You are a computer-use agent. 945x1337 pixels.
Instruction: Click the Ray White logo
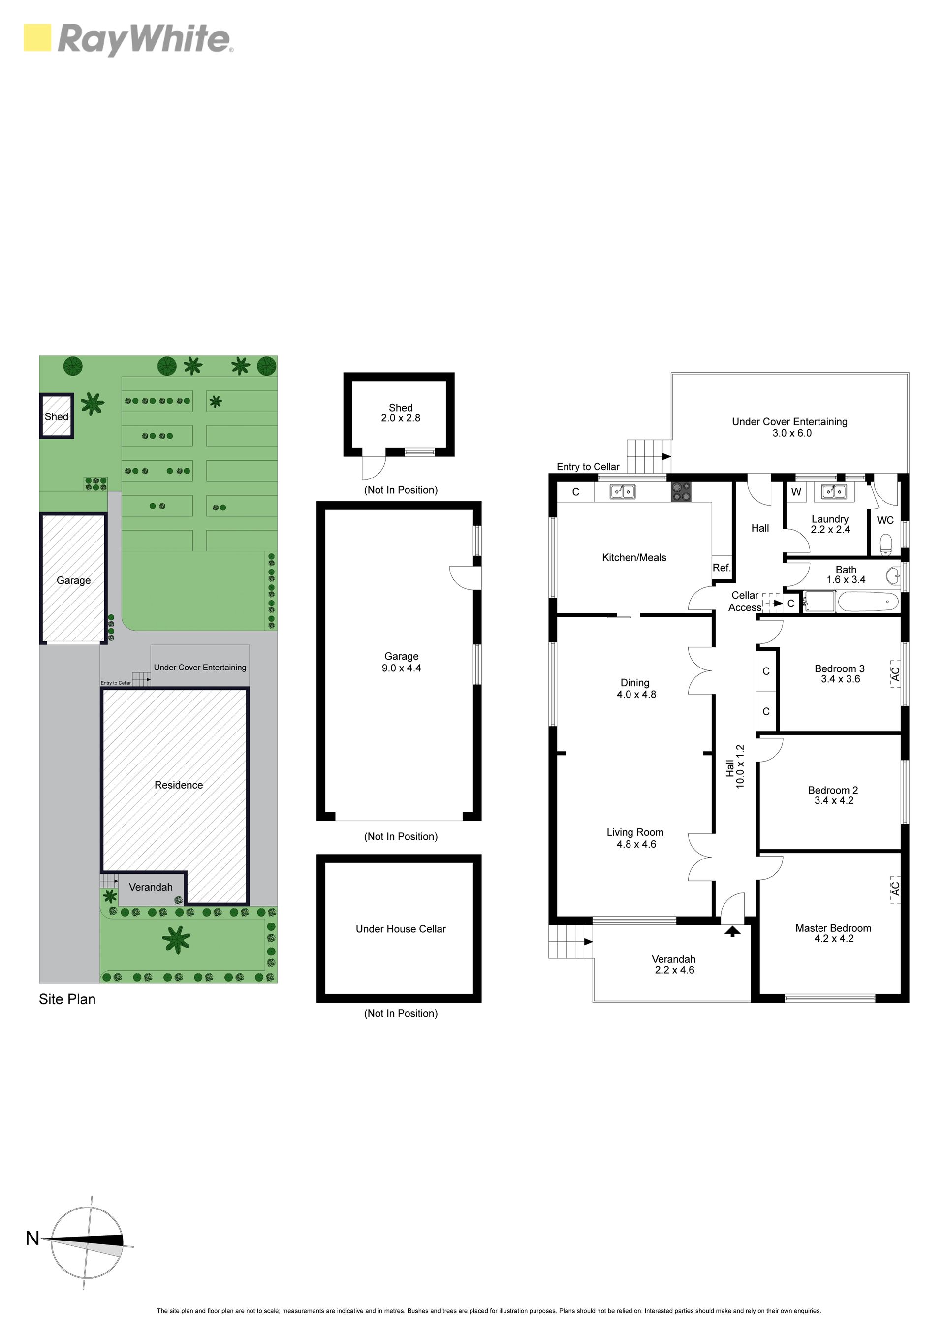click(128, 39)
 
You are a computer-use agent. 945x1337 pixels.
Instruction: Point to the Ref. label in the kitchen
click(722, 568)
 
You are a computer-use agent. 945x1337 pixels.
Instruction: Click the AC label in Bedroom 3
click(895, 674)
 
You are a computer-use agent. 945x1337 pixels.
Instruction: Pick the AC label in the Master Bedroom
click(895, 888)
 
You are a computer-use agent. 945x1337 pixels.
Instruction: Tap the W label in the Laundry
click(796, 492)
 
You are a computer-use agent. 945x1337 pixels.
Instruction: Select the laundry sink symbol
click(834, 492)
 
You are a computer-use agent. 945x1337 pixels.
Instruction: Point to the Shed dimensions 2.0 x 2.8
click(401, 418)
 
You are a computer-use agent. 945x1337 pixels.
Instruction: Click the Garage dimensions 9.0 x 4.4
click(401, 668)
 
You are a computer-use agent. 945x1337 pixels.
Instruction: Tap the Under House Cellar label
click(401, 929)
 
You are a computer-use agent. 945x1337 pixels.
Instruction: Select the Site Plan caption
click(67, 999)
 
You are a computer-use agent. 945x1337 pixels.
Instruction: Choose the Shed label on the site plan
click(57, 416)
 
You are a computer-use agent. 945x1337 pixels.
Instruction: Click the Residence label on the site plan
click(179, 785)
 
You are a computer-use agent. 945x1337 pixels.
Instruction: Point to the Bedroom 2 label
click(833, 790)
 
